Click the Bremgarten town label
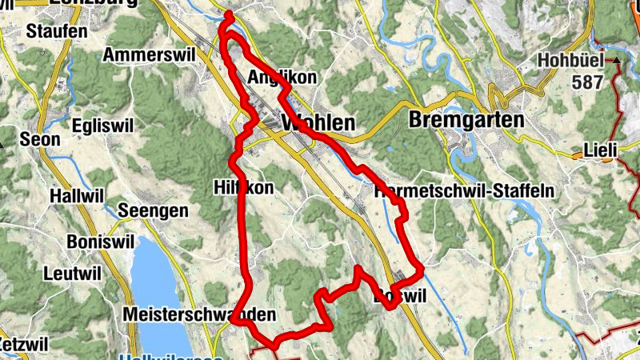tap(466, 120)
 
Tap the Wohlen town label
tap(318, 124)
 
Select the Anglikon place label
tap(282, 78)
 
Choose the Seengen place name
tap(153, 211)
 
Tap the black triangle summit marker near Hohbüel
tap(617, 60)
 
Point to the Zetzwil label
tap(24, 343)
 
